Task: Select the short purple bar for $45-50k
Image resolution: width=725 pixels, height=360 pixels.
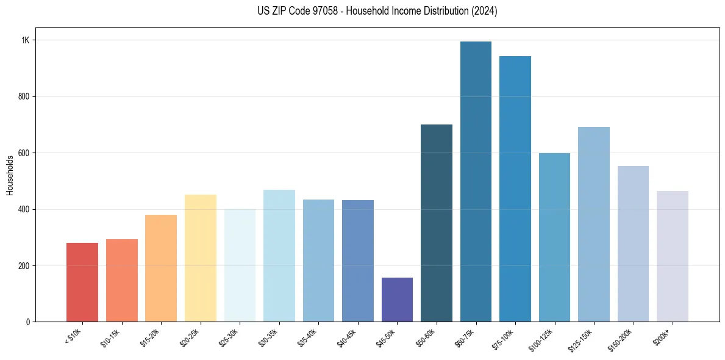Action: tap(397, 300)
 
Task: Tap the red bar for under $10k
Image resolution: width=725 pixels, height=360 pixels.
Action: tap(82, 282)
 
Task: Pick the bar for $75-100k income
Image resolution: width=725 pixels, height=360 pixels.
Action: tap(515, 189)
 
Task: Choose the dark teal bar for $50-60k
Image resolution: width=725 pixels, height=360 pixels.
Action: tap(437, 223)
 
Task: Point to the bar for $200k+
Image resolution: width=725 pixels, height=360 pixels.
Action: tap(672, 256)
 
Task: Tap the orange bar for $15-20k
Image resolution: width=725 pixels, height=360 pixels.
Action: tap(161, 268)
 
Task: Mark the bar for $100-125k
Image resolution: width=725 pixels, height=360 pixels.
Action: tap(554, 237)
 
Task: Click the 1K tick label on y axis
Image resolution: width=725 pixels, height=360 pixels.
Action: tap(26, 40)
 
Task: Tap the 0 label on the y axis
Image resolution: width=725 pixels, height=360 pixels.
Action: tap(27, 322)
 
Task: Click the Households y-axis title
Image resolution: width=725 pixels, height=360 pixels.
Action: tap(10, 175)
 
